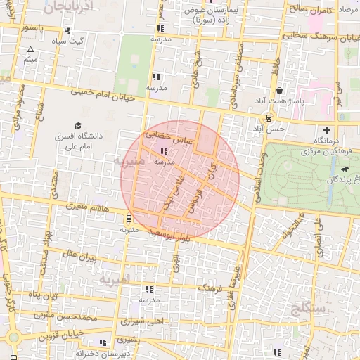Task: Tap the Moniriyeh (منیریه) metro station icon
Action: (129, 219)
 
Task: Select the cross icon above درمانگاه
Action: (326, 130)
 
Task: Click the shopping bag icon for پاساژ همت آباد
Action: (280, 91)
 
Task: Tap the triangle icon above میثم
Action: (30, 50)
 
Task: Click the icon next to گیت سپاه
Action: (67, 31)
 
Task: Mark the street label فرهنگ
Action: (210, 289)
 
